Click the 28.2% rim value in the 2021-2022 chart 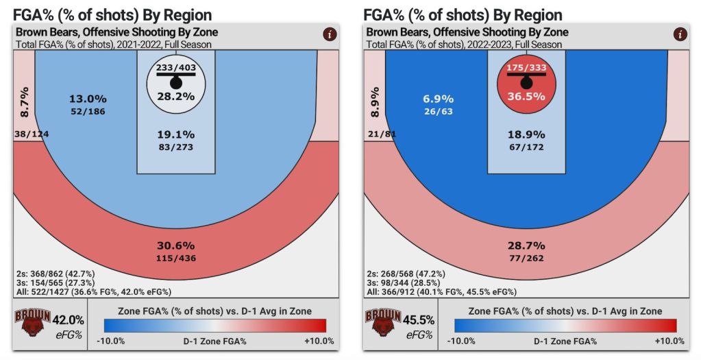coord(176,97)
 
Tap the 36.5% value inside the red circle coord(526,97)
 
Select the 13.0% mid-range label coord(87,99)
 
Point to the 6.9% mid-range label coord(437,99)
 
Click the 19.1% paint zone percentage coord(176,134)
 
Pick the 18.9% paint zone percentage coord(526,134)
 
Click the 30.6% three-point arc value coord(176,245)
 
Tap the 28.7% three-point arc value coord(526,245)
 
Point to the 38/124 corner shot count coord(32,134)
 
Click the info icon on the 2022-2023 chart coord(680,34)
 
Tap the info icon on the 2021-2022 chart coord(330,34)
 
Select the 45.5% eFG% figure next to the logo coord(418,320)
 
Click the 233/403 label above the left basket coord(176,69)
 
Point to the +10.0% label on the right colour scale coord(669,341)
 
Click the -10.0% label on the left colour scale coord(110,341)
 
